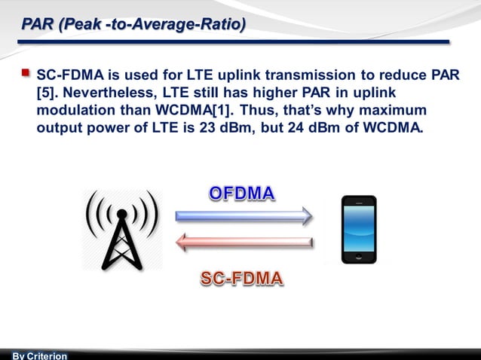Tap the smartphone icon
[x=358, y=229]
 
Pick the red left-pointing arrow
[x=243, y=243]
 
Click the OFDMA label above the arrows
[x=242, y=194]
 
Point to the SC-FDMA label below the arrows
[x=242, y=279]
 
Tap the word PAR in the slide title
[x=38, y=25]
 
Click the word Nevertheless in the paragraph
[x=107, y=93]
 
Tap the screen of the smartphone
[x=358, y=227]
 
